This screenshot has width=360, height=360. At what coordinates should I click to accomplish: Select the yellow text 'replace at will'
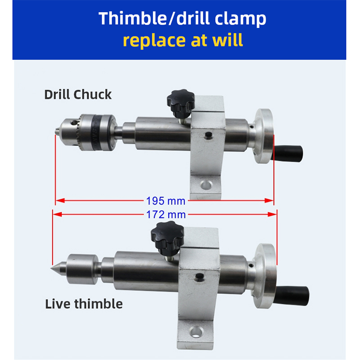pos(183,40)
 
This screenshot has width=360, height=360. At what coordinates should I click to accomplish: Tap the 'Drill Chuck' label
pos(78,94)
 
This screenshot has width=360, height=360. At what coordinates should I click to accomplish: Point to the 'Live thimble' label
pos(84,304)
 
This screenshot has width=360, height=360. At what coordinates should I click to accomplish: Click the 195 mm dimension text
pos(166,201)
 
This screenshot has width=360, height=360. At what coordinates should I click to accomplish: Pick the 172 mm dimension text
pos(166,215)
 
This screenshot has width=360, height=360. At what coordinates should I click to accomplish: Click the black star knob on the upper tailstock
pos(181,103)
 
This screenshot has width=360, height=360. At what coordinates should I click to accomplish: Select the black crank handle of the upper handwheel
pos(288,153)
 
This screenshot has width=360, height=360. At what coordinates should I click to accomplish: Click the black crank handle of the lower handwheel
pos(293,296)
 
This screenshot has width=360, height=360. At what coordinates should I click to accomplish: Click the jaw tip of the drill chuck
pos(57,131)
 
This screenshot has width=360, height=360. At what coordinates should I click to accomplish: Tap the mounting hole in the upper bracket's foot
pos(206,184)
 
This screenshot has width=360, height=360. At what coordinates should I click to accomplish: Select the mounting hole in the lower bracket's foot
pos(196,332)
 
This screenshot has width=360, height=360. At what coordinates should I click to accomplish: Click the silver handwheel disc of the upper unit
pos(264,136)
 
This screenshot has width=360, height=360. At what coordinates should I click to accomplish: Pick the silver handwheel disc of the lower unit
pos(265,276)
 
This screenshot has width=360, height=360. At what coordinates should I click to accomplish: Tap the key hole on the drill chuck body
pos(74,123)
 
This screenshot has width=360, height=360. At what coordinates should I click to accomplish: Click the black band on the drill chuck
pos(96,132)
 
